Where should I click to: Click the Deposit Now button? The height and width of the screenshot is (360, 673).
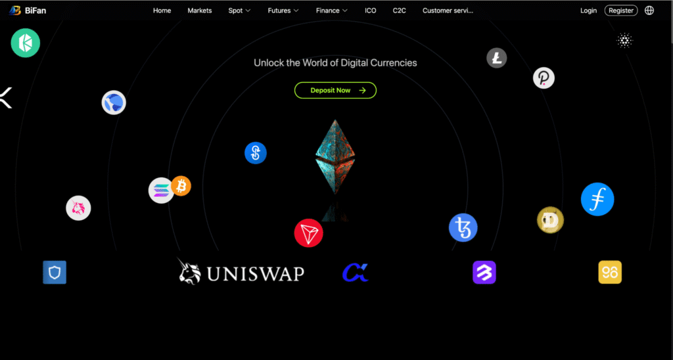coord(335,90)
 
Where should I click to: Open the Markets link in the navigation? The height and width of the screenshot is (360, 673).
coord(200,11)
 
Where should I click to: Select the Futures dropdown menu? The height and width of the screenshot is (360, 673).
coord(283,11)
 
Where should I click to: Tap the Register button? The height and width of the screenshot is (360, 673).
coord(621,11)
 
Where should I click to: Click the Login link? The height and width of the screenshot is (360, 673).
coord(588,11)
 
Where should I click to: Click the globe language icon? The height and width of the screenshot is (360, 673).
coord(649,11)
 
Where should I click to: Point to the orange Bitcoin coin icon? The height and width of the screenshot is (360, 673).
coord(181,186)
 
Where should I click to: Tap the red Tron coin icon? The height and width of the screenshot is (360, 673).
coord(309,233)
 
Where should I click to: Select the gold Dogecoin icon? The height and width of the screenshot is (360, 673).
coord(550,220)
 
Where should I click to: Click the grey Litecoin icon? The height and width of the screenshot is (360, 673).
coord(497,58)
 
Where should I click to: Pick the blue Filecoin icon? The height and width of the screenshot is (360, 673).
coord(597,199)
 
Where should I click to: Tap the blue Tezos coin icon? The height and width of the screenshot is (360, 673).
coord(463,227)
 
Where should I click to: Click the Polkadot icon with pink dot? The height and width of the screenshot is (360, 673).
coord(544,78)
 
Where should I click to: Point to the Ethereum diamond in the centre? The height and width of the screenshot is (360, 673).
coord(335,156)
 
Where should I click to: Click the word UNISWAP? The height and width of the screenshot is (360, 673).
coord(256,274)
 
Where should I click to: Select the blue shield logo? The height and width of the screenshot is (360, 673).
coord(55,273)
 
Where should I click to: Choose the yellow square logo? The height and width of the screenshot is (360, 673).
coord(610,273)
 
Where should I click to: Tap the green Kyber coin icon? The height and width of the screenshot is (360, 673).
coord(26,43)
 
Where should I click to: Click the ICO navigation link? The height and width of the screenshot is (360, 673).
coord(371,11)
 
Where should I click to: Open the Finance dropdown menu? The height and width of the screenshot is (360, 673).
coord(332,11)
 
